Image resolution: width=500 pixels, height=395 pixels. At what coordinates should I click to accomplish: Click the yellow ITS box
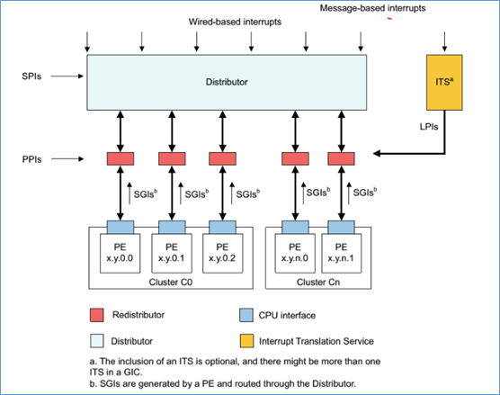[x=442, y=81]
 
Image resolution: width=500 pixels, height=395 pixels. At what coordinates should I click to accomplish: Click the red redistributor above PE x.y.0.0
[x=121, y=158]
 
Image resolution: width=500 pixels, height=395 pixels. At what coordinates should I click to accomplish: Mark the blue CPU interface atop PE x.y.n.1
[x=341, y=226]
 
